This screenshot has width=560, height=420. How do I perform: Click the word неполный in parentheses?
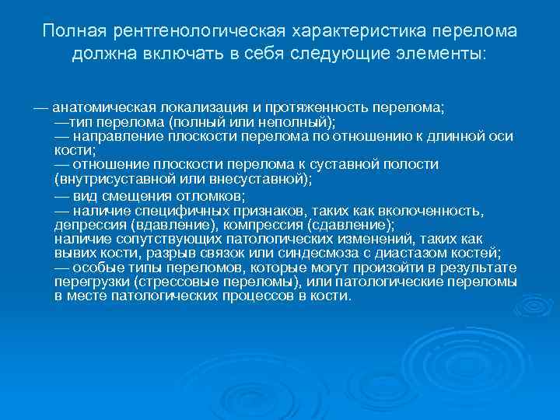point(292,122)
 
